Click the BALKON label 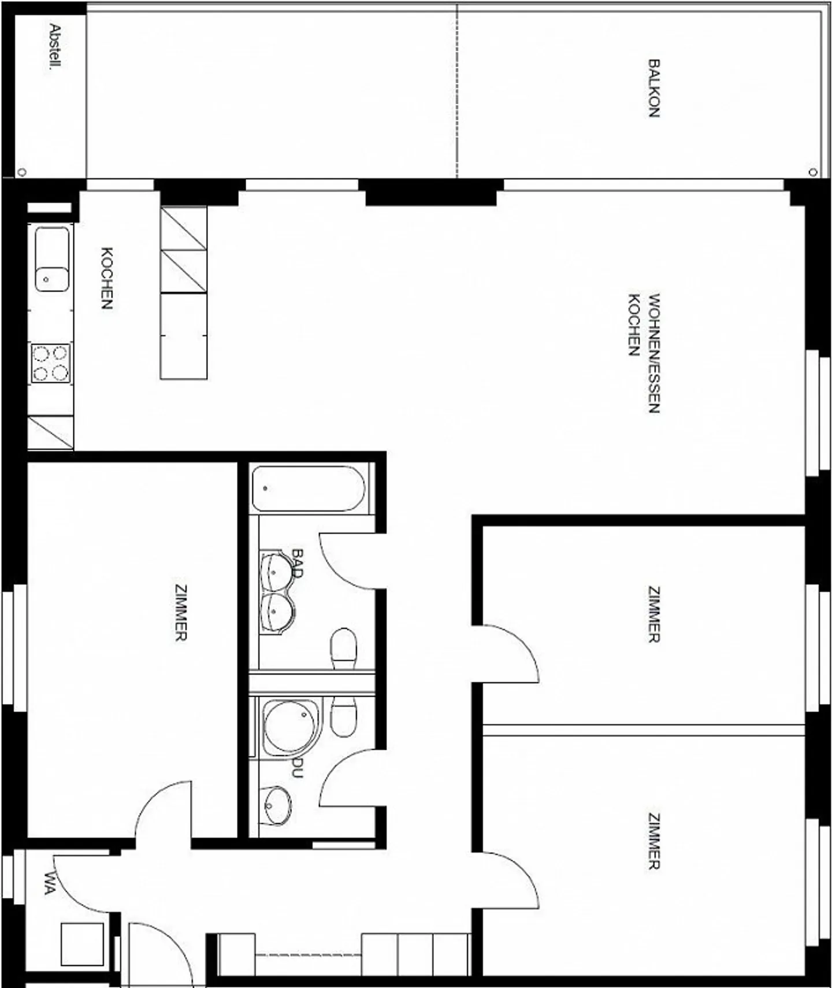point(653,88)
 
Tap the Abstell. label point(55,46)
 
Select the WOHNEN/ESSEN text point(654,353)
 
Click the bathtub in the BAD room point(308,489)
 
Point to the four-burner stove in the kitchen point(51,363)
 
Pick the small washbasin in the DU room point(276,805)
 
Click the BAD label point(298,563)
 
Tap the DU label point(297,767)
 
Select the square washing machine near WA point(82,944)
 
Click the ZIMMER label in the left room point(181,613)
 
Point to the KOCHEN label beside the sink point(107,278)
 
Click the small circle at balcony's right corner point(813,172)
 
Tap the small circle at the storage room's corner point(22,172)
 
